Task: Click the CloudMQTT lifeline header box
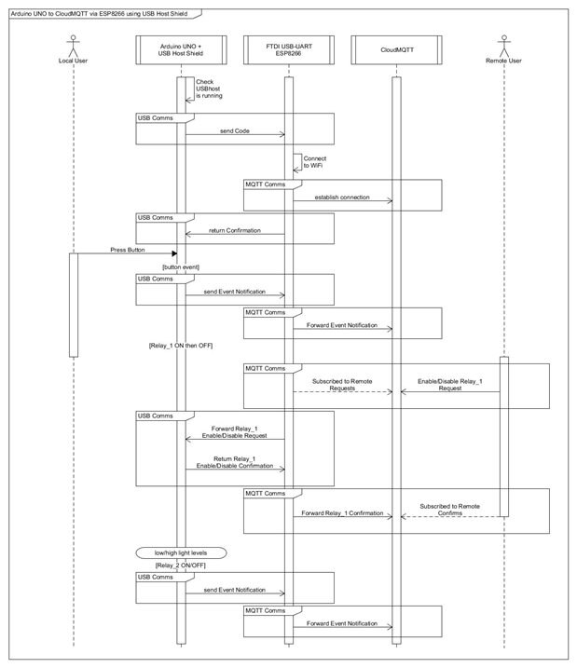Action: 395,48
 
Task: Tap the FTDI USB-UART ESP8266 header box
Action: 288,48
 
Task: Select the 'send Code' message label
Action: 235,131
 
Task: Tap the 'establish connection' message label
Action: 341,197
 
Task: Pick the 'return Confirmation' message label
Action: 234,229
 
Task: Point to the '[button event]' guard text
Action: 181,267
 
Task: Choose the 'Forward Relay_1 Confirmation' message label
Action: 341,513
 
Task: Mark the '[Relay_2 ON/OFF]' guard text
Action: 181,566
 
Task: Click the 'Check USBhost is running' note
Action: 210,89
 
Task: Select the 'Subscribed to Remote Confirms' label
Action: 449,509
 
